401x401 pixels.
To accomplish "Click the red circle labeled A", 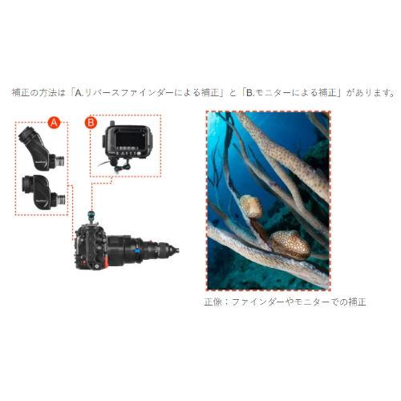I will tap(54, 123).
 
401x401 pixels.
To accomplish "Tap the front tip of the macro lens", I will tap(175, 250).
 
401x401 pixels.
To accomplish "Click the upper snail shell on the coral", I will tap(252, 207).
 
